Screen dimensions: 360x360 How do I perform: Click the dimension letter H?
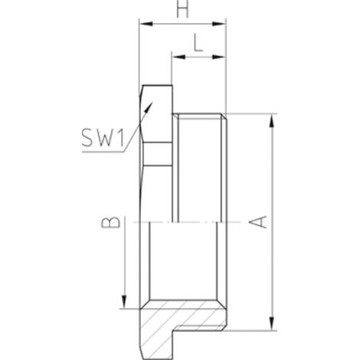(x=183, y=10)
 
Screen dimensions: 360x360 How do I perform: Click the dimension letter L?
(x=198, y=43)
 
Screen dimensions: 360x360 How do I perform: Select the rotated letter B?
(x=110, y=222)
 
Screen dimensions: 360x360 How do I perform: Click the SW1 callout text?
(x=103, y=138)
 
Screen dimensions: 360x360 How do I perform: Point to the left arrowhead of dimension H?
(x=146, y=24)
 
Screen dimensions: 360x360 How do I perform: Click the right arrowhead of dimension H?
(x=219, y=24)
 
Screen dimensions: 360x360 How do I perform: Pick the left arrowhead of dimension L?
(x=178, y=57)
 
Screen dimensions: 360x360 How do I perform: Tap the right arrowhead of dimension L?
(x=219, y=57)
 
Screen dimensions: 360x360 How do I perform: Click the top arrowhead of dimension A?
(x=273, y=121)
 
